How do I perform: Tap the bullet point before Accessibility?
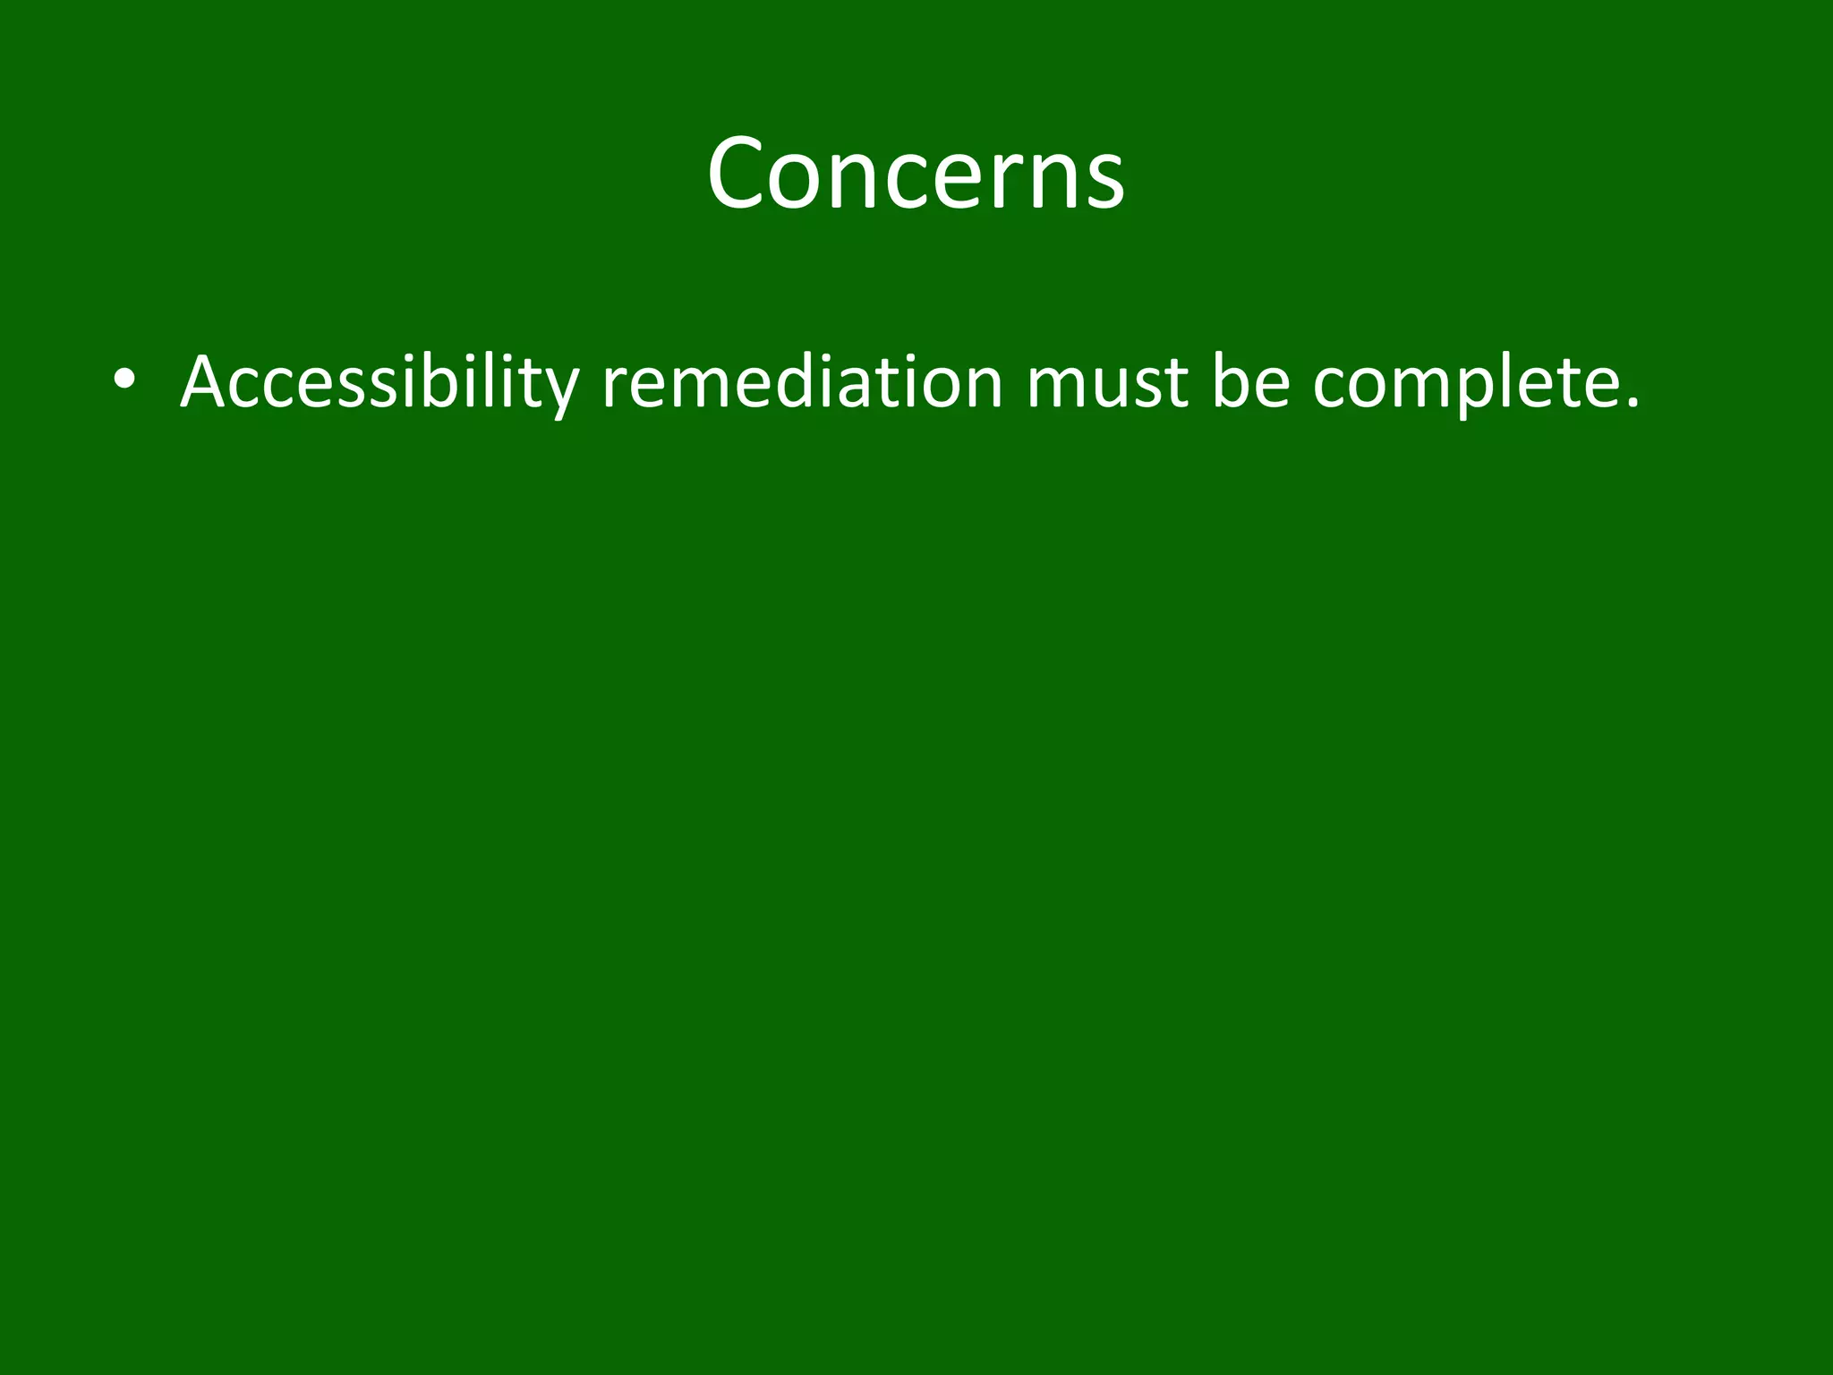(124, 380)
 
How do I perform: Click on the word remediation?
(802, 383)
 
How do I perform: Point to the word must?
(1106, 383)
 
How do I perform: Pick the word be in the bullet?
(1250, 383)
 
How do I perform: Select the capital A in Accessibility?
(209, 383)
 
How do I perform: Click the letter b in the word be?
(1232, 381)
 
